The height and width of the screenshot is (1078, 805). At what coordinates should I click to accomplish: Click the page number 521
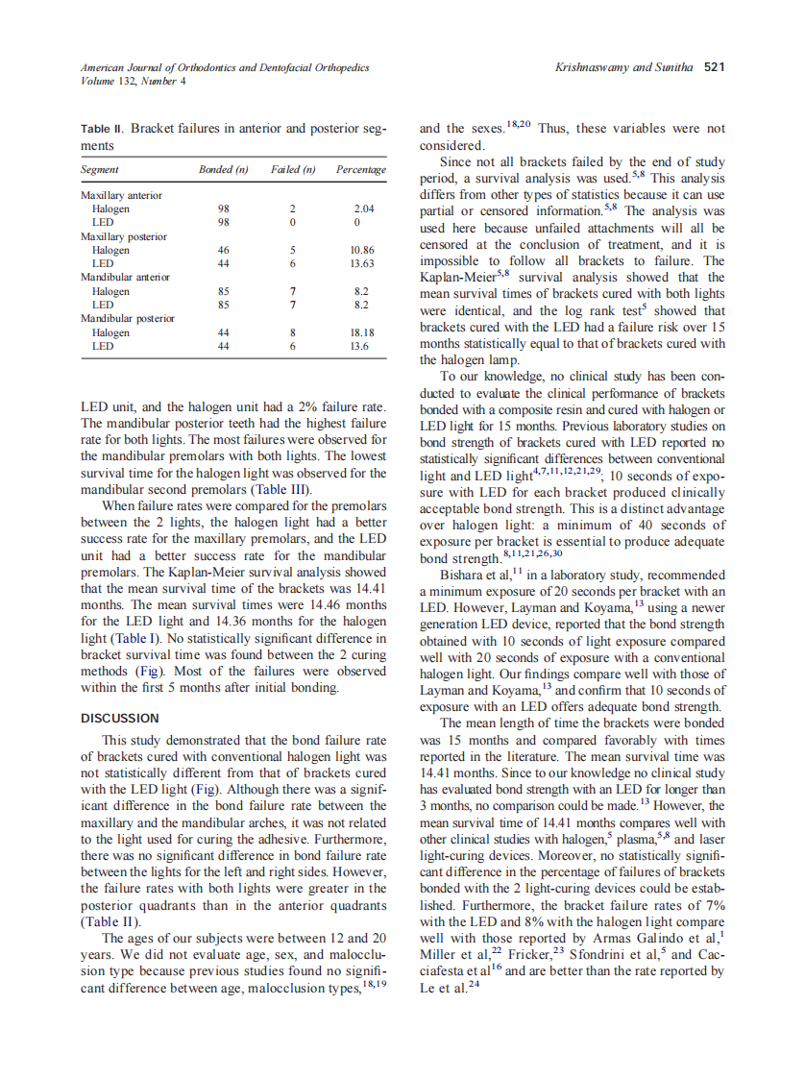click(x=713, y=68)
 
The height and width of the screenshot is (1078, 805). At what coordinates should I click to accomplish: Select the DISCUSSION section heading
click(x=120, y=718)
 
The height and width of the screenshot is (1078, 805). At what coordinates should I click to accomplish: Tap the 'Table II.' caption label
click(x=103, y=128)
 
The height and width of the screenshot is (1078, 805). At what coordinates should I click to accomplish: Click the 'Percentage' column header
click(x=361, y=170)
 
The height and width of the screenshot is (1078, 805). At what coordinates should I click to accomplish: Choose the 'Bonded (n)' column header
click(x=224, y=170)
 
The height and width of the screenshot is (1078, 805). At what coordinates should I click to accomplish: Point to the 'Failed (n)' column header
click(x=293, y=170)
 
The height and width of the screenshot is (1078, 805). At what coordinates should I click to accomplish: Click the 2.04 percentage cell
click(x=363, y=208)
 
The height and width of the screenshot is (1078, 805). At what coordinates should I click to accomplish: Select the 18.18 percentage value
click(x=362, y=332)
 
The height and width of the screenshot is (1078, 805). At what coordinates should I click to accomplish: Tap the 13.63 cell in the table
click(x=362, y=263)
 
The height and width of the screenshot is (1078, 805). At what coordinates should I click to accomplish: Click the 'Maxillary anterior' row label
click(x=122, y=195)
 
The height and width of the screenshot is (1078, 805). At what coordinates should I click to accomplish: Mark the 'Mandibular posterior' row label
click(x=128, y=318)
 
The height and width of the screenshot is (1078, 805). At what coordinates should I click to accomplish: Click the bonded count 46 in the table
click(x=224, y=250)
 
